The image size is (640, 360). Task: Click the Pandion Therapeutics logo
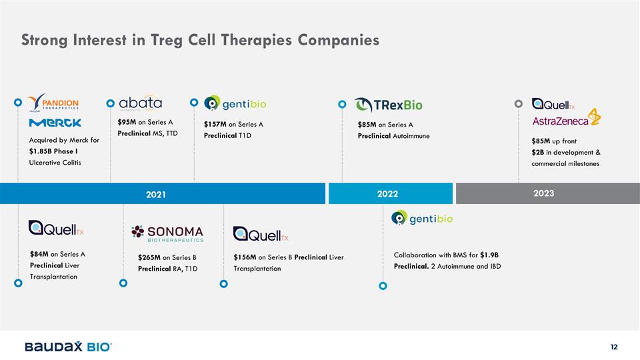tap(53, 103)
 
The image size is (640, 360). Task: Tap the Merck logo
tap(55, 123)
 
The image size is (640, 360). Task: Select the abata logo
tap(141, 103)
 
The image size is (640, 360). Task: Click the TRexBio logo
tap(389, 105)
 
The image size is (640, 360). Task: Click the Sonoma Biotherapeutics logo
tap(168, 234)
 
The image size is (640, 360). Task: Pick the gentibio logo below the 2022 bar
tap(422, 219)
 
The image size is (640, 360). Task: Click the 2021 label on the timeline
tap(156, 195)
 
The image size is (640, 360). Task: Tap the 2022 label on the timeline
tap(387, 194)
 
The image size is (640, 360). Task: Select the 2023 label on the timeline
tap(544, 193)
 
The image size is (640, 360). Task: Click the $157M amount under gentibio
tap(215, 124)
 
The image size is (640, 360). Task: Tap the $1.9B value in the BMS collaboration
tap(489, 255)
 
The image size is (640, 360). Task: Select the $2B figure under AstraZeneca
tap(537, 152)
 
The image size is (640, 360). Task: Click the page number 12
tap(614, 347)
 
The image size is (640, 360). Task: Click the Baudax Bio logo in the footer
tap(68, 347)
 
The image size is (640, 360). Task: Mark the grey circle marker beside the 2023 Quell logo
tap(519, 104)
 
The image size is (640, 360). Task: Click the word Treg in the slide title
tap(166, 41)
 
